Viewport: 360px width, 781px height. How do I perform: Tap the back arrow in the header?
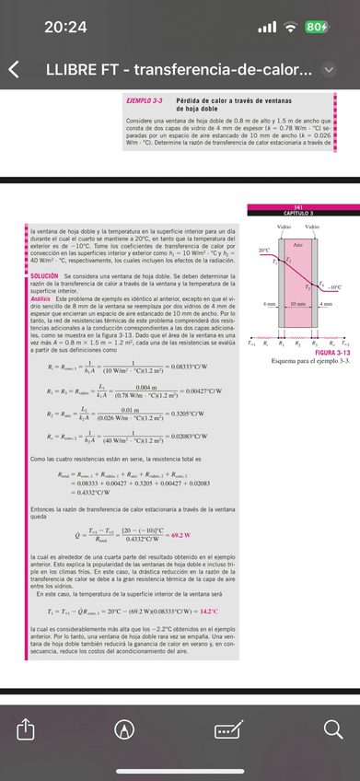[x=13, y=70]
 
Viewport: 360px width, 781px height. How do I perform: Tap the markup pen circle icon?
[x=134, y=731]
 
